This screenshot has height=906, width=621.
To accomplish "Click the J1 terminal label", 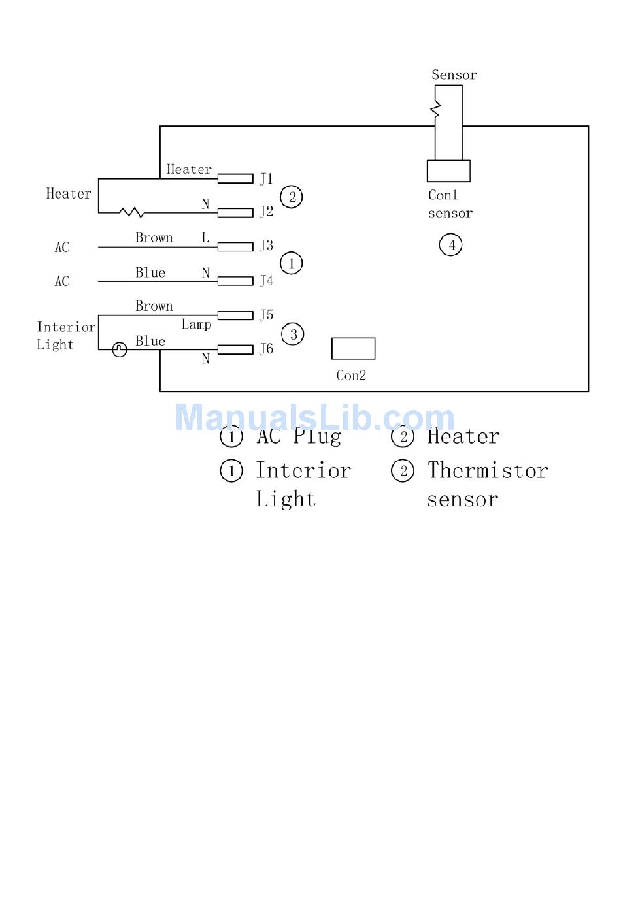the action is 266,178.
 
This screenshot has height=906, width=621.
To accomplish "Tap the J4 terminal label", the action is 266,281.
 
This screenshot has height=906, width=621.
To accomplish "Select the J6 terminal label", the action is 266,349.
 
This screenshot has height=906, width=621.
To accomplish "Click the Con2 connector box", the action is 353,348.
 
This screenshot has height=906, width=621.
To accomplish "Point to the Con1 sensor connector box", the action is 448,170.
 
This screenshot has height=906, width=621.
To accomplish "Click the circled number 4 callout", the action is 450,245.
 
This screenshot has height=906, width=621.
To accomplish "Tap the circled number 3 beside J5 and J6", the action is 292,334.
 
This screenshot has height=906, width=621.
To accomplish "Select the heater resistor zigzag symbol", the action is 131,212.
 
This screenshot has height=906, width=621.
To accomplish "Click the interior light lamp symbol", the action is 120,349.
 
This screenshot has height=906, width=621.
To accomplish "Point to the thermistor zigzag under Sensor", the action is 435,109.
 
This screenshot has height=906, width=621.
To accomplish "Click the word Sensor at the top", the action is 454,75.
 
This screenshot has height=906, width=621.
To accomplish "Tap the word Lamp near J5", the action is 196,325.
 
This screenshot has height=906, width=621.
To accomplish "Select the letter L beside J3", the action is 206,237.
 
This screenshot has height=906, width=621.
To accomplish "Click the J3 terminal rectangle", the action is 235,247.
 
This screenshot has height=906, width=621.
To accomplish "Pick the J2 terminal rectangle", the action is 235,212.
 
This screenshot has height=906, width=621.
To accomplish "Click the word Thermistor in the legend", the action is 488,470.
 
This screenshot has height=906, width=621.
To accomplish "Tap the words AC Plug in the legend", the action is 299,436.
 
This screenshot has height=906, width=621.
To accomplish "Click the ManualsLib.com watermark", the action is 315,417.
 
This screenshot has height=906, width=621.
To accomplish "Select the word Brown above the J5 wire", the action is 154,306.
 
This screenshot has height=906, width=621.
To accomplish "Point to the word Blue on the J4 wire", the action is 150,272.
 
